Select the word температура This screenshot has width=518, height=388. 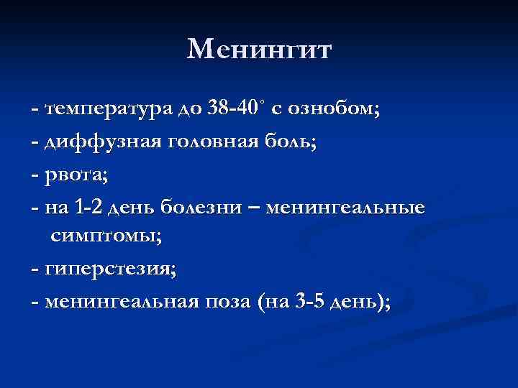click(x=108, y=110)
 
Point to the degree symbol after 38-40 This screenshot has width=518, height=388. click(x=263, y=104)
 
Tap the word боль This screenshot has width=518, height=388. click(x=292, y=142)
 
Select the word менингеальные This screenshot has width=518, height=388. click(x=346, y=207)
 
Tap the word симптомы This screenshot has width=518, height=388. click(x=106, y=238)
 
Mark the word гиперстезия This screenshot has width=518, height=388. click(x=109, y=270)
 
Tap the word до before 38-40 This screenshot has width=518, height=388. click(x=191, y=110)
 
